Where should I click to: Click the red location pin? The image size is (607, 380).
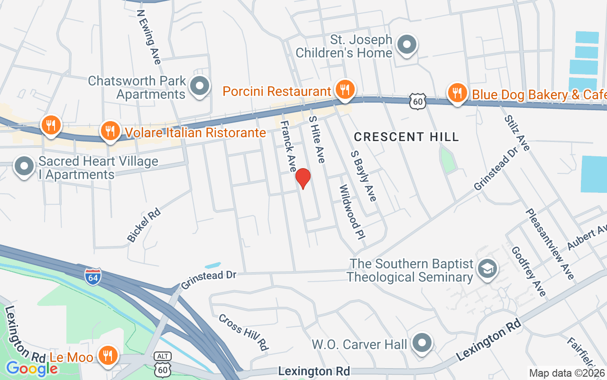(303, 179)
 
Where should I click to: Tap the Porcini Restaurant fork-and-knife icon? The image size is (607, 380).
(345, 89)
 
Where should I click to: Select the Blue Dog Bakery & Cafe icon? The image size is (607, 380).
(457, 93)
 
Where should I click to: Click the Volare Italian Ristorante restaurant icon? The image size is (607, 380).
(110, 130)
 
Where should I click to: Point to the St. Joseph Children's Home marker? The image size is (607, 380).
(406, 45)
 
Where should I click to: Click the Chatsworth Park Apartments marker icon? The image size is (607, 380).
(200, 86)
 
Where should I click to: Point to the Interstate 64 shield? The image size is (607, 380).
(93, 276)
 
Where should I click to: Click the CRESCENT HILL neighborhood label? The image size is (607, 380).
(406, 137)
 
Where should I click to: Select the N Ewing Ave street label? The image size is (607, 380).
(148, 37)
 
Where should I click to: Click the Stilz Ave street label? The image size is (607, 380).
(517, 133)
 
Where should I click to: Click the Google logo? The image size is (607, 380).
(32, 368)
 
